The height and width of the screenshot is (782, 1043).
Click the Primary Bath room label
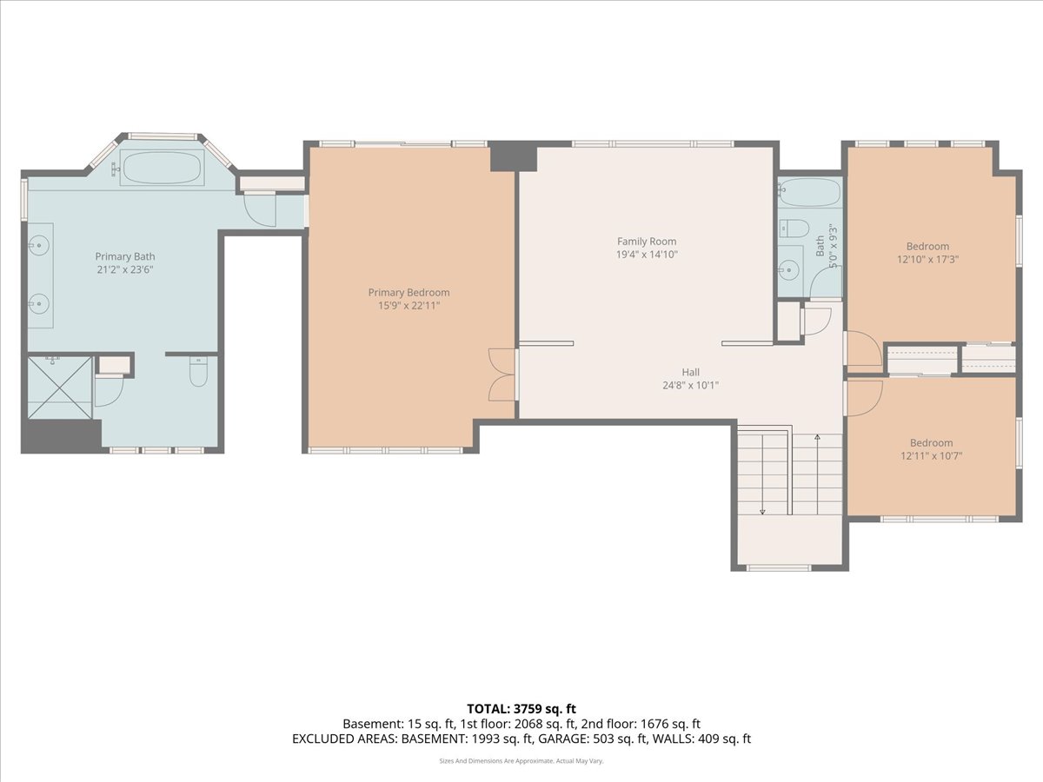tap(125, 256)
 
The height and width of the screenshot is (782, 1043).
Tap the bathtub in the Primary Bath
tap(162, 167)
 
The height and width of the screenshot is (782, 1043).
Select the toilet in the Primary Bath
tap(198, 373)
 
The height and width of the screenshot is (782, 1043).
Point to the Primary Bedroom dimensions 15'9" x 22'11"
tap(409, 306)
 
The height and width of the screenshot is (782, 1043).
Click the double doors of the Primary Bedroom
tap(502, 374)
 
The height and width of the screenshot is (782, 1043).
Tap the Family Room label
tap(647, 242)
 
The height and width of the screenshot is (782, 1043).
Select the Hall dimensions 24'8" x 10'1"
tap(691, 385)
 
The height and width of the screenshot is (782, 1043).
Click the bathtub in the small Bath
tap(809, 192)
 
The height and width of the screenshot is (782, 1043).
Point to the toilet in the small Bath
tap(794, 229)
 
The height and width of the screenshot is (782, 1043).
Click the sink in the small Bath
tap(790, 270)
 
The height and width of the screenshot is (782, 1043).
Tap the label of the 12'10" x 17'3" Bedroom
tap(927, 246)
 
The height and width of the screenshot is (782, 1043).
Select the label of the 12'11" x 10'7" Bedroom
tap(931, 442)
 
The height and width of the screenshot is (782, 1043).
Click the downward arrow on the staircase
tap(762, 510)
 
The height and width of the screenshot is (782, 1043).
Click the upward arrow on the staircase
tap(817, 440)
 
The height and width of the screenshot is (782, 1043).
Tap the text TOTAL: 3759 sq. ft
tap(521, 709)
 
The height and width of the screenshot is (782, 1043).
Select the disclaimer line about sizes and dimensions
tap(521, 760)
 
